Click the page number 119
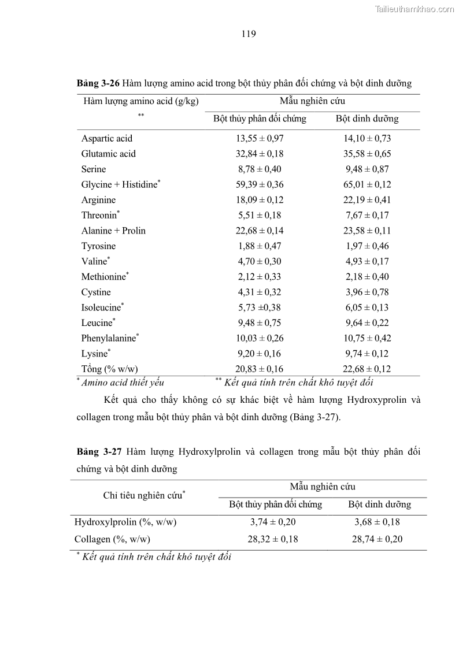[249, 34]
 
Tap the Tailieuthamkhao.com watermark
[414, 9]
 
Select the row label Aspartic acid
[106, 138]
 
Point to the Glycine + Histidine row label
[120, 184]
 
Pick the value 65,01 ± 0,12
[368, 184]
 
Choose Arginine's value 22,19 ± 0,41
[368, 200]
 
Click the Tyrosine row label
[98, 246]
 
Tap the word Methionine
[103, 277]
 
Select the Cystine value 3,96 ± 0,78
[368, 292]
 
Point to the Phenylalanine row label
[108, 339]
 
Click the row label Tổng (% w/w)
[109, 369]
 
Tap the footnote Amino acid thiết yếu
[123, 382]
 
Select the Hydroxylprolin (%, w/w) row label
[125, 522]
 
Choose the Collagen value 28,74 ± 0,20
[378, 539]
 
